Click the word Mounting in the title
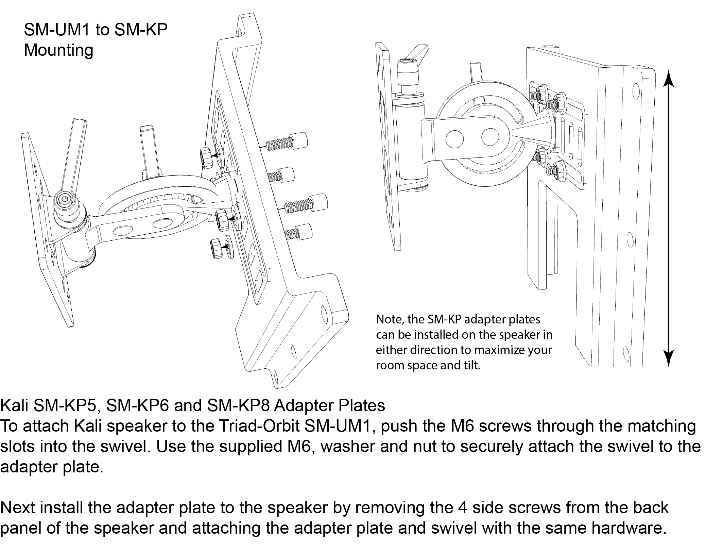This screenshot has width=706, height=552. coord(58,50)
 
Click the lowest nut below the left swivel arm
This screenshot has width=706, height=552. coord(216,248)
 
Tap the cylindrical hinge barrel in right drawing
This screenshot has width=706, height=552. coord(412,143)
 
